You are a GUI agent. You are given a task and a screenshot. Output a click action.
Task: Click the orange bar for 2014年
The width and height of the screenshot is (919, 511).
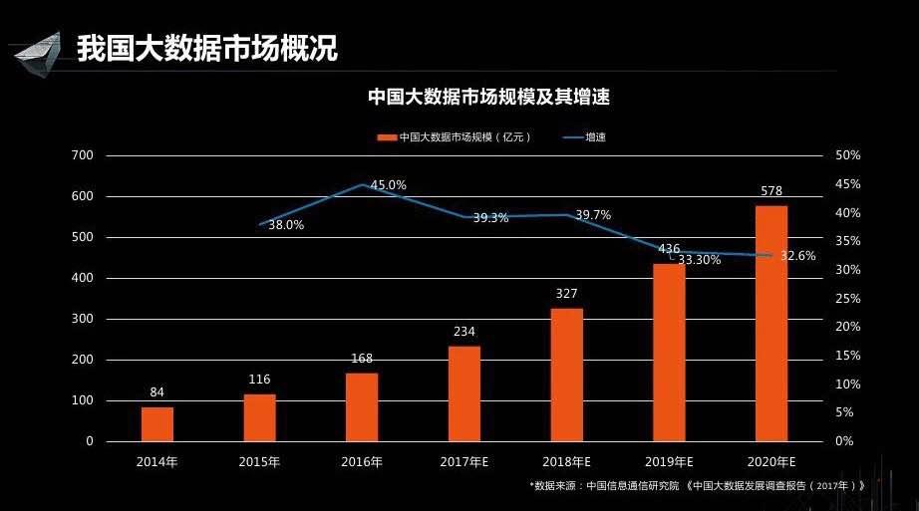pyautogui.click(x=156, y=423)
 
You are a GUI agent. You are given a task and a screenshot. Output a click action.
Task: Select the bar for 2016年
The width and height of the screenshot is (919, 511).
pyautogui.click(x=362, y=406)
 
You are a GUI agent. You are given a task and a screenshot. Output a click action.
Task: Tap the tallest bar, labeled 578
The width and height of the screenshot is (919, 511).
pyautogui.click(x=771, y=323)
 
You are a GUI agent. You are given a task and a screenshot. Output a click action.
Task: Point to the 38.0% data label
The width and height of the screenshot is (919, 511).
pyautogui.click(x=286, y=225)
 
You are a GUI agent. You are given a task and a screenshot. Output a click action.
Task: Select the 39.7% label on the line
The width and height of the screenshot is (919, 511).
pyautogui.click(x=593, y=215)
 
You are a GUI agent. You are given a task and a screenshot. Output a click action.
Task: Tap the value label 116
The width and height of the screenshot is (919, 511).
pyautogui.click(x=259, y=380)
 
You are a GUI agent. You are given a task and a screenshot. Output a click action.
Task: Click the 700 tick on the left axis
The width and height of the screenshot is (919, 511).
pyautogui.click(x=83, y=155)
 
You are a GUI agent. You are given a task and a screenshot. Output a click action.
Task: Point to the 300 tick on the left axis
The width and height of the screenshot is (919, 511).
pyautogui.click(x=83, y=319)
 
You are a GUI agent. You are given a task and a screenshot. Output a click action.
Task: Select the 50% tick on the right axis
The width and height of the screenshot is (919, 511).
pyautogui.click(x=848, y=155)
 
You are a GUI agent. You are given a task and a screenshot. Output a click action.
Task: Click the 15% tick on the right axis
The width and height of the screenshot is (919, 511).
pyautogui.click(x=848, y=356)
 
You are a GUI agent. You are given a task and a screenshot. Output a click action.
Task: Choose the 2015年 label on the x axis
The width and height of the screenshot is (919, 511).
pyautogui.click(x=259, y=462)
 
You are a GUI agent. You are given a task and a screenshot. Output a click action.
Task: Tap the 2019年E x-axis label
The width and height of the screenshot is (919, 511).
pyautogui.click(x=669, y=462)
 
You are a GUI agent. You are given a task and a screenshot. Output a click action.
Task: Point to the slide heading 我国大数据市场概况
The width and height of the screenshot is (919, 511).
pyautogui.click(x=207, y=47)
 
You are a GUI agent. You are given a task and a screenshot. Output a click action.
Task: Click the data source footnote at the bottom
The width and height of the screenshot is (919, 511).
pyautogui.click(x=697, y=486)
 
